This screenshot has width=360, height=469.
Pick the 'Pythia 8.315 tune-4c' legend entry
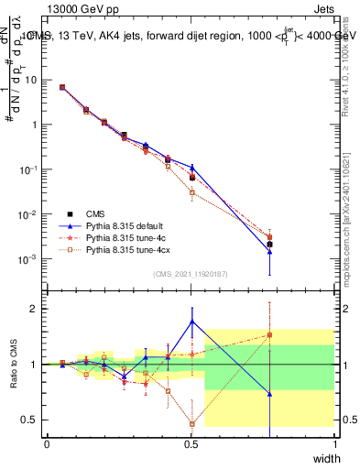123,235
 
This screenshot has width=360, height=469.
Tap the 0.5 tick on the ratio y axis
34,420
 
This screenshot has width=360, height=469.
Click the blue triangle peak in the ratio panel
191,322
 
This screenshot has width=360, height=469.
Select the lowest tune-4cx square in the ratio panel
191,423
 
